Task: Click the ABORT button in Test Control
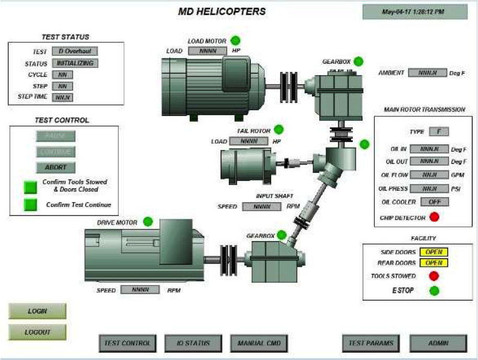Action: [x=55, y=168]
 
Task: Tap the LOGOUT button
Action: [x=37, y=332]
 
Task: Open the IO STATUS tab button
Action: [x=194, y=343]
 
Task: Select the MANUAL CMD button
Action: [x=259, y=343]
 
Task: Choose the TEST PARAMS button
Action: [x=371, y=343]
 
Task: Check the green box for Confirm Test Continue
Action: [x=31, y=205]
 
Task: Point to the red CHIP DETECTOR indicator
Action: [x=434, y=217]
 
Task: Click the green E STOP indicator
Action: [x=434, y=291]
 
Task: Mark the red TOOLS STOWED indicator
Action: [x=434, y=276]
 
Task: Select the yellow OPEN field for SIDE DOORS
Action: [x=434, y=252]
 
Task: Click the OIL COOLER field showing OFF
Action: [x=429, y=202]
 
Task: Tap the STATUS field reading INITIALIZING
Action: [x=75, y=63]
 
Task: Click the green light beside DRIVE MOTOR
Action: [x=148, y=222]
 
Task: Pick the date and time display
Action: [x=415, y=12]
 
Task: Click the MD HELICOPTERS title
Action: [x=222, y=11]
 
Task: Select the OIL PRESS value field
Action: [x=429, y=188]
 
